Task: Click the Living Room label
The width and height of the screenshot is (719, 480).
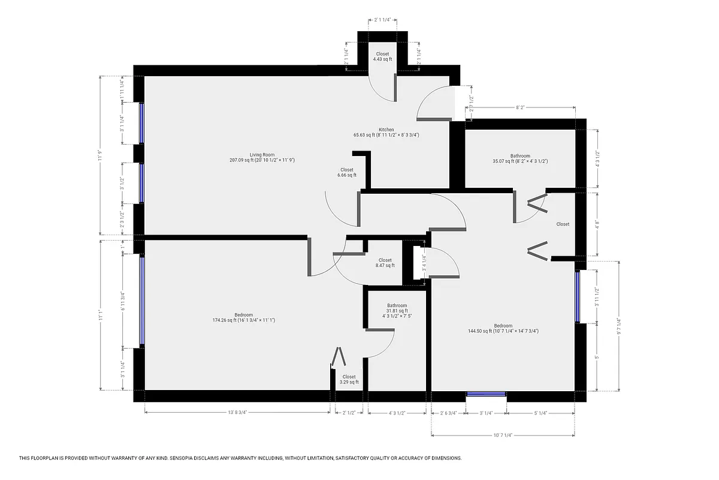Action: [x=262, y=157]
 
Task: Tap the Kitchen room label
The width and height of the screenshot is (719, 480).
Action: [x=386, y=133]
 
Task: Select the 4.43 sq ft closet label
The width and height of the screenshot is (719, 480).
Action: [x=382, y=56]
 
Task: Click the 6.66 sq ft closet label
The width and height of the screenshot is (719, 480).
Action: [x=346, y=172]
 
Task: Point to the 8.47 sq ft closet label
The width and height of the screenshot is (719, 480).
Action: [x=385, y=262]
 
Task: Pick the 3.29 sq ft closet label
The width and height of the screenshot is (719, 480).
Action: [x=349, y=379]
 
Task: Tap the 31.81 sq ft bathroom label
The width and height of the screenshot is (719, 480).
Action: [x=397, y=310]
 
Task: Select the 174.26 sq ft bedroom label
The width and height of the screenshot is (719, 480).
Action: [x=243, y=317]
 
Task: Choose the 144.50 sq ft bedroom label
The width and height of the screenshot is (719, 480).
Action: [x=503, y=328]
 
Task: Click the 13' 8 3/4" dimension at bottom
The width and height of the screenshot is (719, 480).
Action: [x=237, y=413]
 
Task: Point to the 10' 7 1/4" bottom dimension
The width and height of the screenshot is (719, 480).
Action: [x=503, y=435]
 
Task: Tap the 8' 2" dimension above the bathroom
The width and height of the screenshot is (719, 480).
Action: [x=521, y=108]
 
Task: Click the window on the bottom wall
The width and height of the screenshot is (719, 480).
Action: [x=486, y=394]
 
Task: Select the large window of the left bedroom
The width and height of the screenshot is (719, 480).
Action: [x=142, y=301]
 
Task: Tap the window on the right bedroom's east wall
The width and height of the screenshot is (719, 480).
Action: [x=578, y=298]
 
